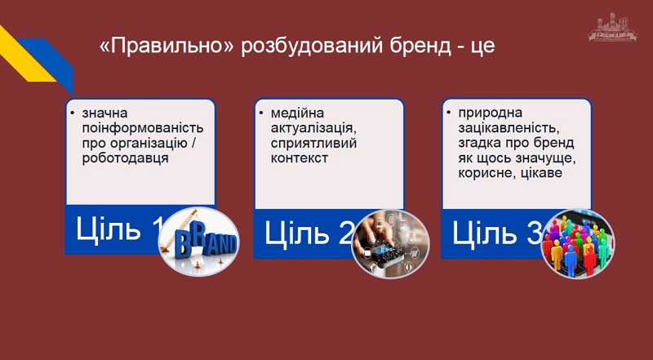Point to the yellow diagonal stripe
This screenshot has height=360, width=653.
25,54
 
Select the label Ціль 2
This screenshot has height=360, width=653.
309,232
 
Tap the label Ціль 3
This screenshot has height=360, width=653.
497,232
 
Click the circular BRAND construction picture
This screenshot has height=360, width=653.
199,242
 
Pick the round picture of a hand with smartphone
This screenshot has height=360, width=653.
390,244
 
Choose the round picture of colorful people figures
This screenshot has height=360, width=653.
578,244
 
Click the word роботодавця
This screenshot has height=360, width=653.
126,158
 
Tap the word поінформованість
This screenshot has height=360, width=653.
143,128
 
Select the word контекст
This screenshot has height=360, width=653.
300,158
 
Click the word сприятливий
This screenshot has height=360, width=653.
313,144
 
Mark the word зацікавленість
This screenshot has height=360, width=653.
506,128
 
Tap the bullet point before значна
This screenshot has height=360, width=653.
73,113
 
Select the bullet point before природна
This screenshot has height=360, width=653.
448,113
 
